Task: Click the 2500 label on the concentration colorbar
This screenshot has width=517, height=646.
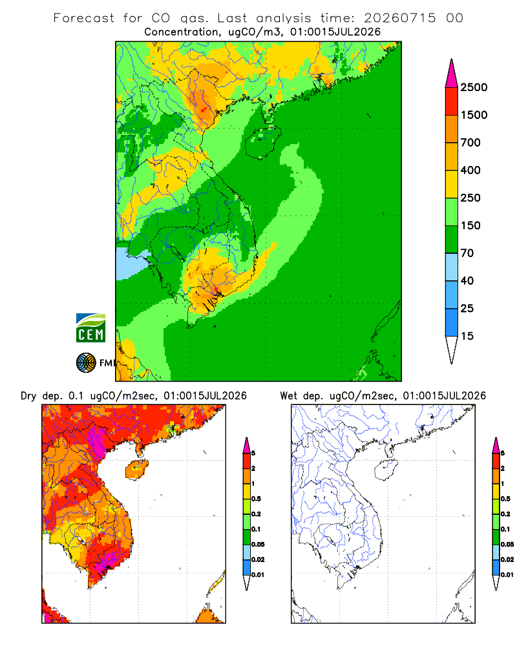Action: (474, 87)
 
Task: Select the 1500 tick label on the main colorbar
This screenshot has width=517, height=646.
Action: (474, 115)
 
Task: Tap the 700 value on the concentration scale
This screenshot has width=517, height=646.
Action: (470, 143)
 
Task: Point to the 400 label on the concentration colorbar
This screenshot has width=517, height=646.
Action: (470, 170)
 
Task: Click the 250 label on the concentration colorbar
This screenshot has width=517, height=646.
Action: (470, 198)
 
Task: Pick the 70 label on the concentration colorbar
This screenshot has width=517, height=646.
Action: (467, 253)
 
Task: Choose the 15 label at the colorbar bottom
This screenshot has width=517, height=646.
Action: (467, 336)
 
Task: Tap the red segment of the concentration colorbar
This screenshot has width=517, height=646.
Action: (452, 101)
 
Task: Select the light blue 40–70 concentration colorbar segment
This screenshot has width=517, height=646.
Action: (452, 267)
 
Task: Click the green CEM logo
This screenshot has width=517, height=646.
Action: (90, 328)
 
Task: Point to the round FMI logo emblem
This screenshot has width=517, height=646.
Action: (86, 363)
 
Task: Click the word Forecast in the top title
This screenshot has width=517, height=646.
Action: (84, 18)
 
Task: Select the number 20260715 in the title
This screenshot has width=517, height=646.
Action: (399, 18)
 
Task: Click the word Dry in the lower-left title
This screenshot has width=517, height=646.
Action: (28, 396)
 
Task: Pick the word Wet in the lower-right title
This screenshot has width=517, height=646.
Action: (288, 396)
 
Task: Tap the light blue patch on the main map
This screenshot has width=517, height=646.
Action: (131, 264)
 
